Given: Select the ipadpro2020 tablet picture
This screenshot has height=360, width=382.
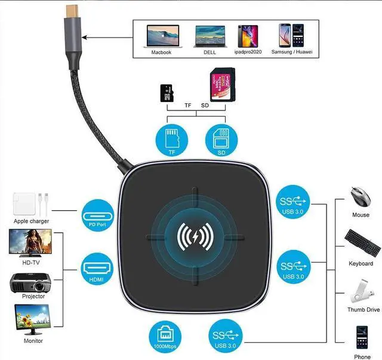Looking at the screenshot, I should point(248,36).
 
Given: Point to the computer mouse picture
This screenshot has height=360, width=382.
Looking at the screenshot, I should point(360,196).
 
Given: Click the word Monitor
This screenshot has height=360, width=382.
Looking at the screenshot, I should point(33,341).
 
